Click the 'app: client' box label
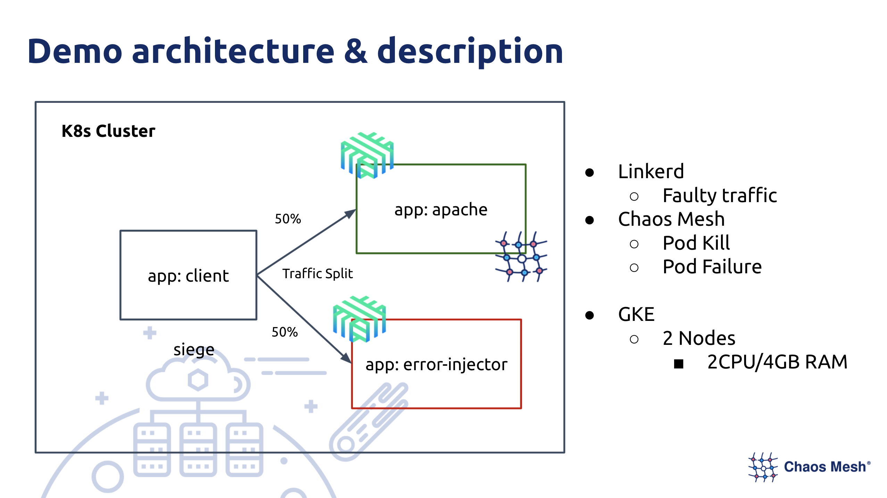[188, 276]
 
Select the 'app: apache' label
[441, 210]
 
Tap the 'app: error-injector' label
[436, 365]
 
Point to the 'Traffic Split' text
[317, 274]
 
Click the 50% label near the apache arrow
[288, 219]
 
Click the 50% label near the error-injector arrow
[284, 332]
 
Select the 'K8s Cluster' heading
[108, 131]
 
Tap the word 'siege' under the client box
[194, 349]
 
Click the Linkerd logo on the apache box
[367, 155]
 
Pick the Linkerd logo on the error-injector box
[359, 319]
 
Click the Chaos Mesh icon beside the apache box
[521, 257]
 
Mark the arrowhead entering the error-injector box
[346, 358]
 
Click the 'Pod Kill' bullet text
[696, 243]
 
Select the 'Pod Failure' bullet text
[712, 267]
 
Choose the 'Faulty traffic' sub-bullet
[719, 195]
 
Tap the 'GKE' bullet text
[636, 314]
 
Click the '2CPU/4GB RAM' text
[777, 362]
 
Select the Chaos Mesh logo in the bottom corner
[809, 467]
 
